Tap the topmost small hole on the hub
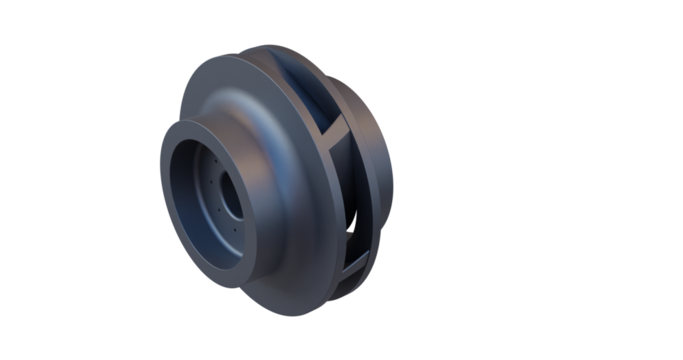point(216,161)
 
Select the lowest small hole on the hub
point(235,229)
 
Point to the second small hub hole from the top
point(211,182)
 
